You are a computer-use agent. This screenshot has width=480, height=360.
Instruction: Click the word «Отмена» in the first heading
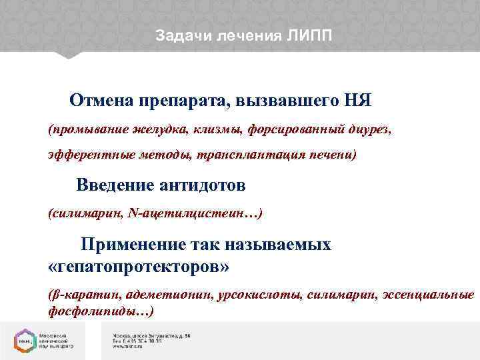click(x=102, y=101)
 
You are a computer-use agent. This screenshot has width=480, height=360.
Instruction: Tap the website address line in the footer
click(x=131, y=347)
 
